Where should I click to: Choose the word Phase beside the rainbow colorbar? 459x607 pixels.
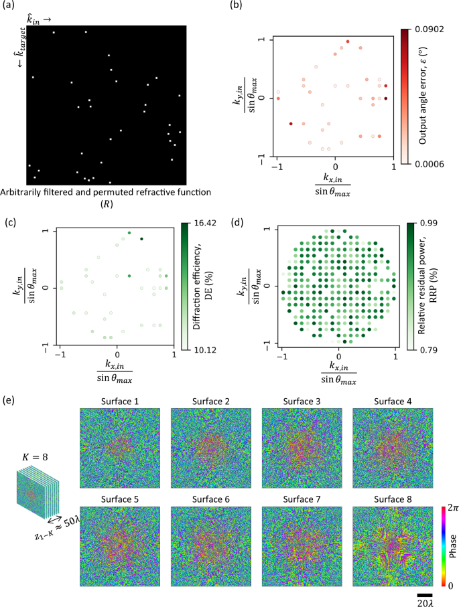click(454, 546)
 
